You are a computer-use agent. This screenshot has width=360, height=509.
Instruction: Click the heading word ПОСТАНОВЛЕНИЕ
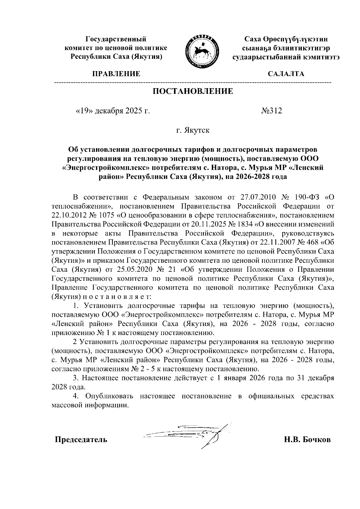tap(193, 91)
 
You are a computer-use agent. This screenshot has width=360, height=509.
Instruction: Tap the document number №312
tap(272, 111)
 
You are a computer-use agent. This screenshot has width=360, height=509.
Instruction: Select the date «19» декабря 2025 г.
tap(112, 111)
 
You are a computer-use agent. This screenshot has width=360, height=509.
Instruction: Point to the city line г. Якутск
tap(193, 130)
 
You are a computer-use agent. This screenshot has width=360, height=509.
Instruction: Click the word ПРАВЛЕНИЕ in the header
tap(116, 74)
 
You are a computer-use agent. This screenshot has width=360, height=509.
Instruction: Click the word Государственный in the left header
tap(116, 39)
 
